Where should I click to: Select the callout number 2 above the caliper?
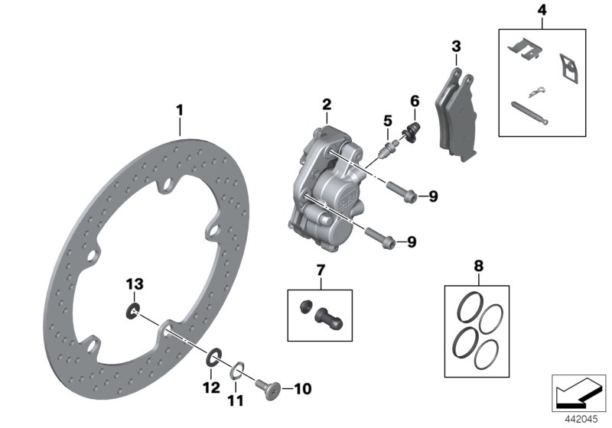327,104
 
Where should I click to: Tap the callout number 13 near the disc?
135,284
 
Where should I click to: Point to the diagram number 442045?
580,417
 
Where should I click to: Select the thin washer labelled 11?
238,373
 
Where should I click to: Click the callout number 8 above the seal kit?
479,267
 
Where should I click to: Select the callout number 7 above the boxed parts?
321,271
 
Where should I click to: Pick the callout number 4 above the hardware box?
542,11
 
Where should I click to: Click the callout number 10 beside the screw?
303,389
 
